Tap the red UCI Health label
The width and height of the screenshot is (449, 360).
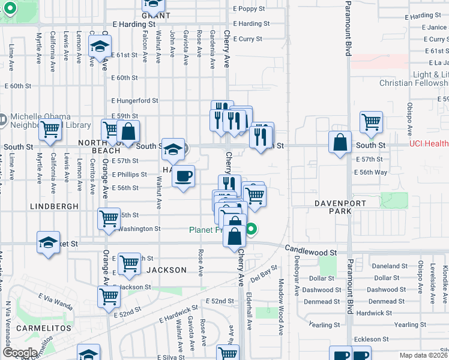[x=429, y=144]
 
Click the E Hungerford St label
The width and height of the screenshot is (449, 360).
[x=134, y=101]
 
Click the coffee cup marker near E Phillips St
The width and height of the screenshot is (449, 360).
[x=184, y=176]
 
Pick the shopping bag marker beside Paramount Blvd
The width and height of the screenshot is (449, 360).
[x=340, y=143]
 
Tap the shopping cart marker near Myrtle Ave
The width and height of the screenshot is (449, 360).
[x=50, y=129]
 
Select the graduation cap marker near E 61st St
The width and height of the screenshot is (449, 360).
[x=100, y=46]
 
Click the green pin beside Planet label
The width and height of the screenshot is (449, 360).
[x=253, y=229]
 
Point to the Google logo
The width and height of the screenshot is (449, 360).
[x=20, y=353]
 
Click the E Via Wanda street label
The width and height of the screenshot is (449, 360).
[x=55, y=301]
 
